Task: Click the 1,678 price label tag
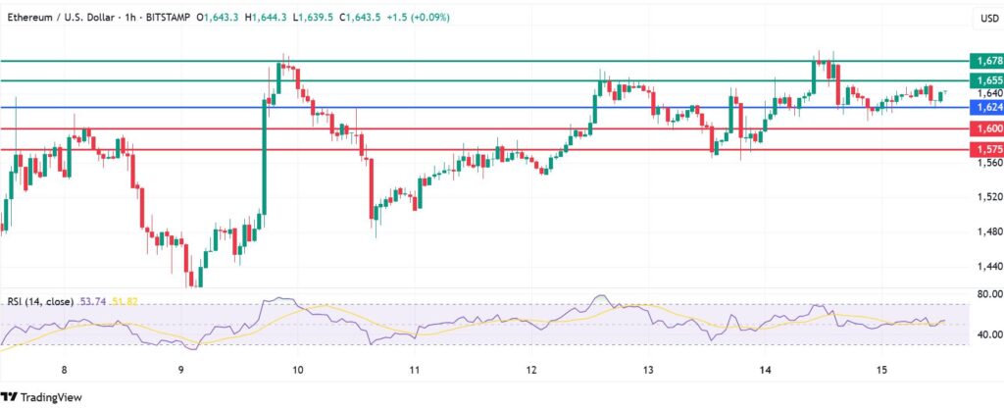point(983,60)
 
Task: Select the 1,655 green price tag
point(983,79)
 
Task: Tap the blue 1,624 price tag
point(983,107)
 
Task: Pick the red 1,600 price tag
point(983,128)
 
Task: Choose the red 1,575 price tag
point(983,149)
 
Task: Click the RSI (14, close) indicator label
point(39,301)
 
